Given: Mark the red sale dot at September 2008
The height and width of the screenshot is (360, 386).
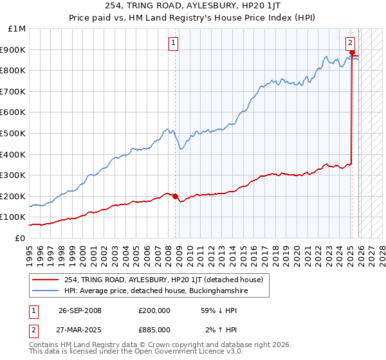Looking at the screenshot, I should [176, 196].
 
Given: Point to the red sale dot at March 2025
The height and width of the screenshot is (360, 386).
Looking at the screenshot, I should [353, 53].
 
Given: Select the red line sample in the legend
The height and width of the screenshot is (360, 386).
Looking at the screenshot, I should [46, 280].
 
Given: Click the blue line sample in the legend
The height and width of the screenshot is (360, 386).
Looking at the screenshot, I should [46, 291].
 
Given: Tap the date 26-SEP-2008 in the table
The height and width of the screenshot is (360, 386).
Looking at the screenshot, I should [80, 310].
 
